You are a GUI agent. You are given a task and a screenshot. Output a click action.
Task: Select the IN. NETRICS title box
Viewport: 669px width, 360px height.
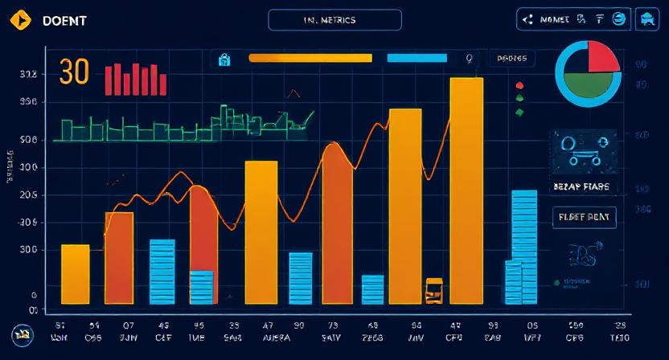(x=334, y=20)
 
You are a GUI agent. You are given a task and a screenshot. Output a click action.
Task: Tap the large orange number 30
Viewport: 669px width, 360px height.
(x=74, y=72)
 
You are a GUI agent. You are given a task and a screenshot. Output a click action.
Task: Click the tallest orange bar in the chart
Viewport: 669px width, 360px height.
(x=466, y=190)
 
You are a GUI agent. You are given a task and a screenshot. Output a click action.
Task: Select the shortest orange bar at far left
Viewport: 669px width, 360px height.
(x=76, y=273)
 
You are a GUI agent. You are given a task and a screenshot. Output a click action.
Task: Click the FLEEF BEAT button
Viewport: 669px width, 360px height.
(x=583, y=217)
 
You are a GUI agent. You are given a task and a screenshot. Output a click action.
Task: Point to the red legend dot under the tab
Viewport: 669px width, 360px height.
(x=519, y=85)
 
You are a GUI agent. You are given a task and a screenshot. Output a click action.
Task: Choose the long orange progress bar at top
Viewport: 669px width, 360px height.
(x=310, y=58)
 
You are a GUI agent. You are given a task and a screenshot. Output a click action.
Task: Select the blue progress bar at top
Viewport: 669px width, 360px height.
(x=417, y=58)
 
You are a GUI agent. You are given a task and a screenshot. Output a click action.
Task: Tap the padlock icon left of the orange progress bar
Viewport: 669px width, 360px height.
(x=224, y=59)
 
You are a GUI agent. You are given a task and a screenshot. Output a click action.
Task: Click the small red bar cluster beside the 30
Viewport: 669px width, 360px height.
(x=135, y=80)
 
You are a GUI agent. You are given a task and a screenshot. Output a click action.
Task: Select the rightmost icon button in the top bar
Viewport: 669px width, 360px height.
(x=646, y=20)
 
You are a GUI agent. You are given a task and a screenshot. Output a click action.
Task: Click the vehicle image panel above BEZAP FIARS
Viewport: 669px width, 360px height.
(x=583, y=153)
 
